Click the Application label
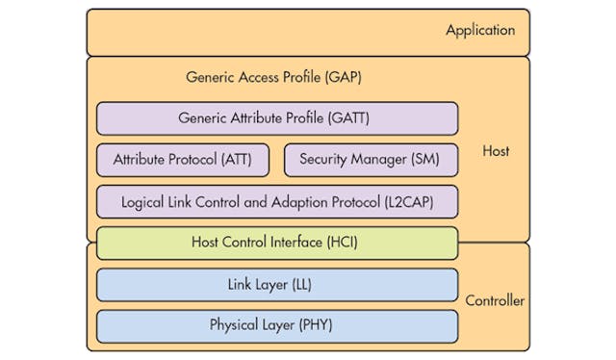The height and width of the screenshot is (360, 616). pyautogui.click(x=480, y=31)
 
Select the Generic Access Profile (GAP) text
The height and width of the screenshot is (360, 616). pyautogui.click(x=273, y=77)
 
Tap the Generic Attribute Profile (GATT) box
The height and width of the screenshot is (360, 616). pyautogui.click(x=277, y=118)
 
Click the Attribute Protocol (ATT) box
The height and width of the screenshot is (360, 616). pyautogui.click(x=183, y=160)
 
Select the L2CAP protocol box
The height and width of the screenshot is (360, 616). pyautogui.click(x=277, y=202)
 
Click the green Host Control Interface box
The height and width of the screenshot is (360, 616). pyautogui.click(x=277, y=243)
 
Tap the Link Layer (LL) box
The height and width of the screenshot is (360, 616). pyautogui.click(x=277, y=285)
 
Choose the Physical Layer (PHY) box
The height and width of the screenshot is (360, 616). pyautogui.click(x=277, y=325)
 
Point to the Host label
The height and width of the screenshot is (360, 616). pyautogui.click(x=496, y=151)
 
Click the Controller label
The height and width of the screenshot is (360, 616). pyautogui.click(x=495, y=301)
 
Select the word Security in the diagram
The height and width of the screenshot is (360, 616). pyautogui.click(x=324, y=160)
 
